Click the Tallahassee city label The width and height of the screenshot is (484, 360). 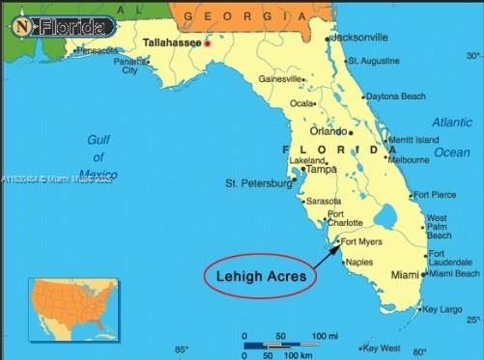tap(173, 43)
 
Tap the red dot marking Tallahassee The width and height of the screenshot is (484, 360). tap(207, 43)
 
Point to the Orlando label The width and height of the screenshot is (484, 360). tap(327, 131)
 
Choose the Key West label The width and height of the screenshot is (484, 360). tap(382, 347)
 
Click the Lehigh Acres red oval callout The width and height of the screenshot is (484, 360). tap(260, 276)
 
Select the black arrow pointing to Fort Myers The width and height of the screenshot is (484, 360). tap(327, 255)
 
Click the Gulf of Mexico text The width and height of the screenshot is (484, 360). tap(99, 157)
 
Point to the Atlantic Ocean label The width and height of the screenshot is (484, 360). tap(451, 137)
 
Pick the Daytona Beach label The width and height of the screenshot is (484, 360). tap(395, 97)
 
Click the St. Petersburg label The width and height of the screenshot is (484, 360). tap(257, 182)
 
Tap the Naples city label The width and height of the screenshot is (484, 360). tap(358, 263)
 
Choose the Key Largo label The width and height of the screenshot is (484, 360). tap(443, 309)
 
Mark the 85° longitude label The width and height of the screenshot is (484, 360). tap(181, 349)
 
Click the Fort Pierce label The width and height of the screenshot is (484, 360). tap(436, 195)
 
